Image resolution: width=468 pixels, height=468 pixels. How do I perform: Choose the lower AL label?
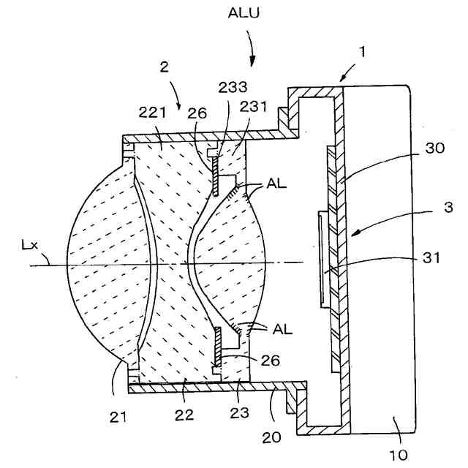282,329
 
